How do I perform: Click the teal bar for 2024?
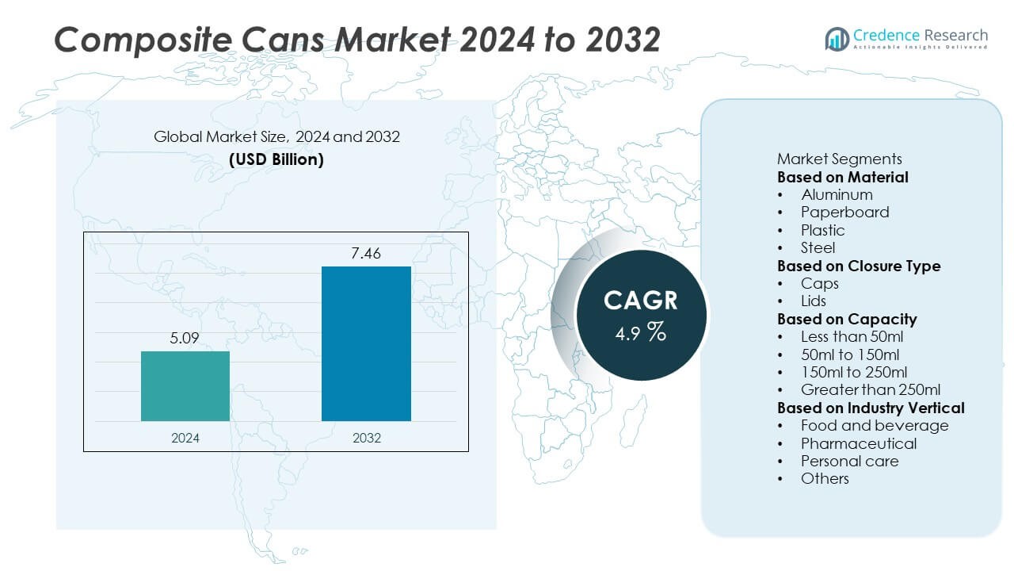[185, 385]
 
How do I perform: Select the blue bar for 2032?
[366, 343]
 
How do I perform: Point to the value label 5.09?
[185, 339]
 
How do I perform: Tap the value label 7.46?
[366, 253]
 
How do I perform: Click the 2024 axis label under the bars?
[185, 438]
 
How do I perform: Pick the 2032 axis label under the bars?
[366, 438]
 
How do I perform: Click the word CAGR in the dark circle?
[640, 301]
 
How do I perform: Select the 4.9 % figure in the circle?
[640, 332]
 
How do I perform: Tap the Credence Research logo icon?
[837, 38]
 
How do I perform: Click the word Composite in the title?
[132, 40]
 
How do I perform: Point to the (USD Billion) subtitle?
[276, 159]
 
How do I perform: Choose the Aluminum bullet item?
[837, 194]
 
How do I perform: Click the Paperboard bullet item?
[844, 212]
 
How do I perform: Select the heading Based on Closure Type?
[859, 266]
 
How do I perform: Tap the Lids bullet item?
[814, 301]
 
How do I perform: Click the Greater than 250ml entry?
[871, 389]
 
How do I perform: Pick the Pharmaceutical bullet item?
[859, 443]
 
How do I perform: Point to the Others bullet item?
[825, 478]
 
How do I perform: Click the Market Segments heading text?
[839, 159]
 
